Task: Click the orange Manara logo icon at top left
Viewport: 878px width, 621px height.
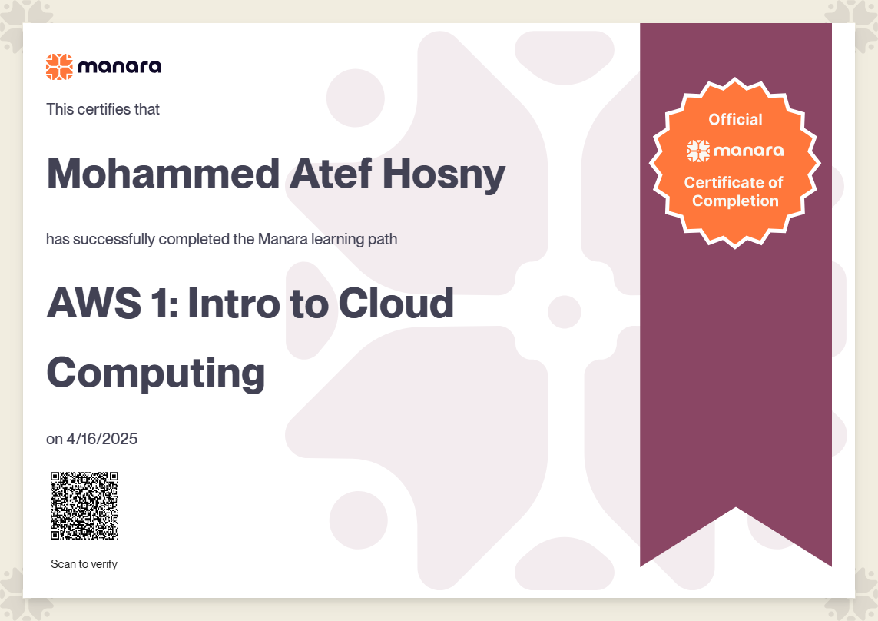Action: [x=59, y=67]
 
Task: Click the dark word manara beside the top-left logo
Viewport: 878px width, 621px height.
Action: [x=120, y=67]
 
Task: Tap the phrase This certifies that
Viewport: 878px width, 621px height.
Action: [x=103, y=108]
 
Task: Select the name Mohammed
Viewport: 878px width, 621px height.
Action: [x=163, y=173]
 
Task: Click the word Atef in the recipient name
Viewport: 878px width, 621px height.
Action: [x=331, y=173]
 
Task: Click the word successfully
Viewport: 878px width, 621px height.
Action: [x=114, y=239]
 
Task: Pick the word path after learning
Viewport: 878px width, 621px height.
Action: [x=383, y=239]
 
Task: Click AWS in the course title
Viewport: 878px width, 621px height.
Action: [x=94, y=304]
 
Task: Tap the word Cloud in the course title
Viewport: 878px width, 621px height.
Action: [x=396, y=304]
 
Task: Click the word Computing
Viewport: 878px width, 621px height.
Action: [x=156, y=374]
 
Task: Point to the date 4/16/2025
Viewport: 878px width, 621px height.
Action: [x=102, y=439]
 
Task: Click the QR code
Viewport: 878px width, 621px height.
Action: [x=84, y=506]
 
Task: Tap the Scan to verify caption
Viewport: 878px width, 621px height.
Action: [x=84, y=564]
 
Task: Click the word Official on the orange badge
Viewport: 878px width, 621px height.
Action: [x=735, y=119]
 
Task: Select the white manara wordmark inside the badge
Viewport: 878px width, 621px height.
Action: [x=748, y=151]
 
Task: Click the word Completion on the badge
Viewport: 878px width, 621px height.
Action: [x=735, y=201]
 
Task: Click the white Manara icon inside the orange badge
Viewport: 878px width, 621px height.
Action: [x=698, y=151]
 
